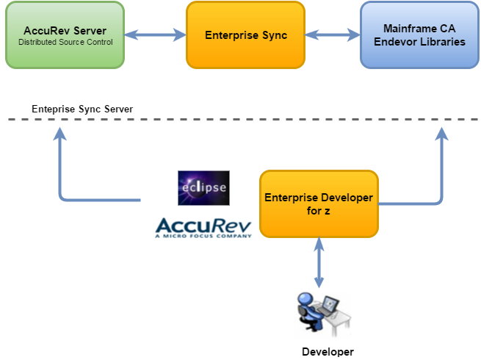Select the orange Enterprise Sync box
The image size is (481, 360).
click(245, 35)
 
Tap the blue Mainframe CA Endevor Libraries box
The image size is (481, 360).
click(419, 35)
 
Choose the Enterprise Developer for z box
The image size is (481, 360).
click(319, 204)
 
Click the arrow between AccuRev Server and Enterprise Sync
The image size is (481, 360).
click(155, 34)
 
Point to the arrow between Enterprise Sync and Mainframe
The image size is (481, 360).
click(332, 34)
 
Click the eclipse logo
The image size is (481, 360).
click(203, 188)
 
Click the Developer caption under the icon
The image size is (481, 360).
click(328, 352)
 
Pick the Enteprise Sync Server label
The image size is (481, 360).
click(82, 109)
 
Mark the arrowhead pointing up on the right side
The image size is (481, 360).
click(441, 134)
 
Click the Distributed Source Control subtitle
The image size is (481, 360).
click(65, 42)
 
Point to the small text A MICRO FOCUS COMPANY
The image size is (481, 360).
click(203, 236)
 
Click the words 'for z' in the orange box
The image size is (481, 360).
click(319, 210)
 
